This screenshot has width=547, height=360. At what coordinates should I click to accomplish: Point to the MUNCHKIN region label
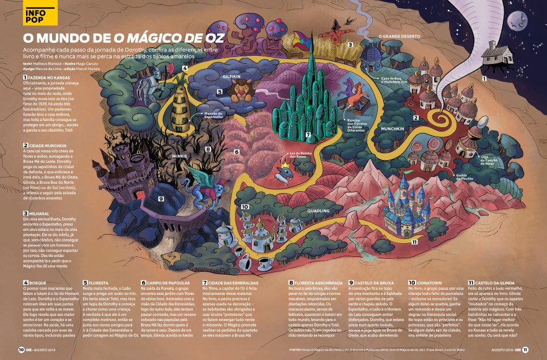(x=393, y=129)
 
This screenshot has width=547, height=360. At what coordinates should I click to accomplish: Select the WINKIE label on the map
(x=180, y=156)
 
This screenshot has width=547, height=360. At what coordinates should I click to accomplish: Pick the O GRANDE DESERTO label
(x=399, y=37)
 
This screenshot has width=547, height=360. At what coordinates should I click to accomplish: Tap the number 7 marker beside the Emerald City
(x=308, y=135)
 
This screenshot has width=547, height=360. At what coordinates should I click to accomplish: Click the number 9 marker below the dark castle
(x=161, y=199)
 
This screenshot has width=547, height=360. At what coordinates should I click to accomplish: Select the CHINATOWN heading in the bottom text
(x=425, y=282)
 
